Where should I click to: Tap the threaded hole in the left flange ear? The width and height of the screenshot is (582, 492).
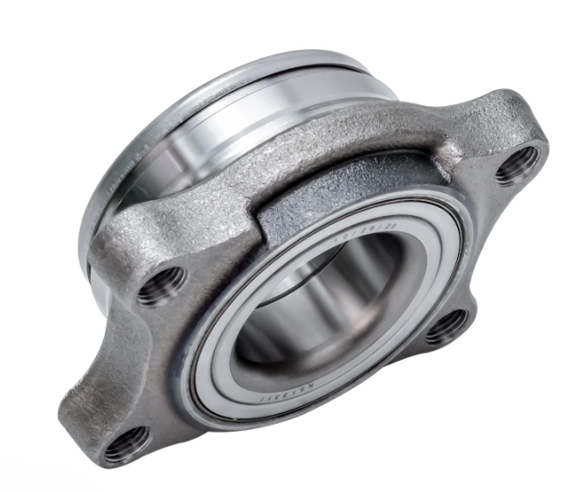pos(163,284)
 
